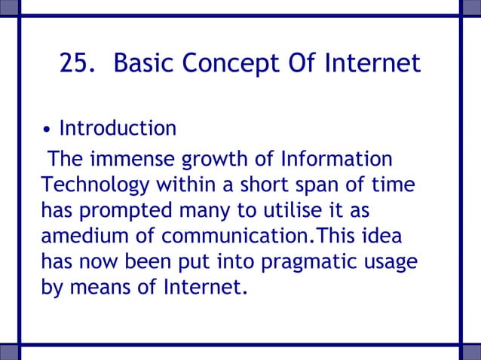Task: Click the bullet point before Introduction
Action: (47, 130)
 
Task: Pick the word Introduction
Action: (118, 128)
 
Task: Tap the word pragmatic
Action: (299, 261)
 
